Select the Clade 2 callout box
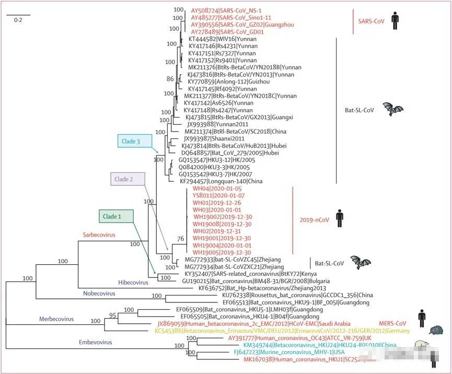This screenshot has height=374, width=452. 128,179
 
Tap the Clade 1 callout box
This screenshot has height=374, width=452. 116,216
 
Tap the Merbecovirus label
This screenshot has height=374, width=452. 56,319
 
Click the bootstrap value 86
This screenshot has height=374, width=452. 169,79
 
